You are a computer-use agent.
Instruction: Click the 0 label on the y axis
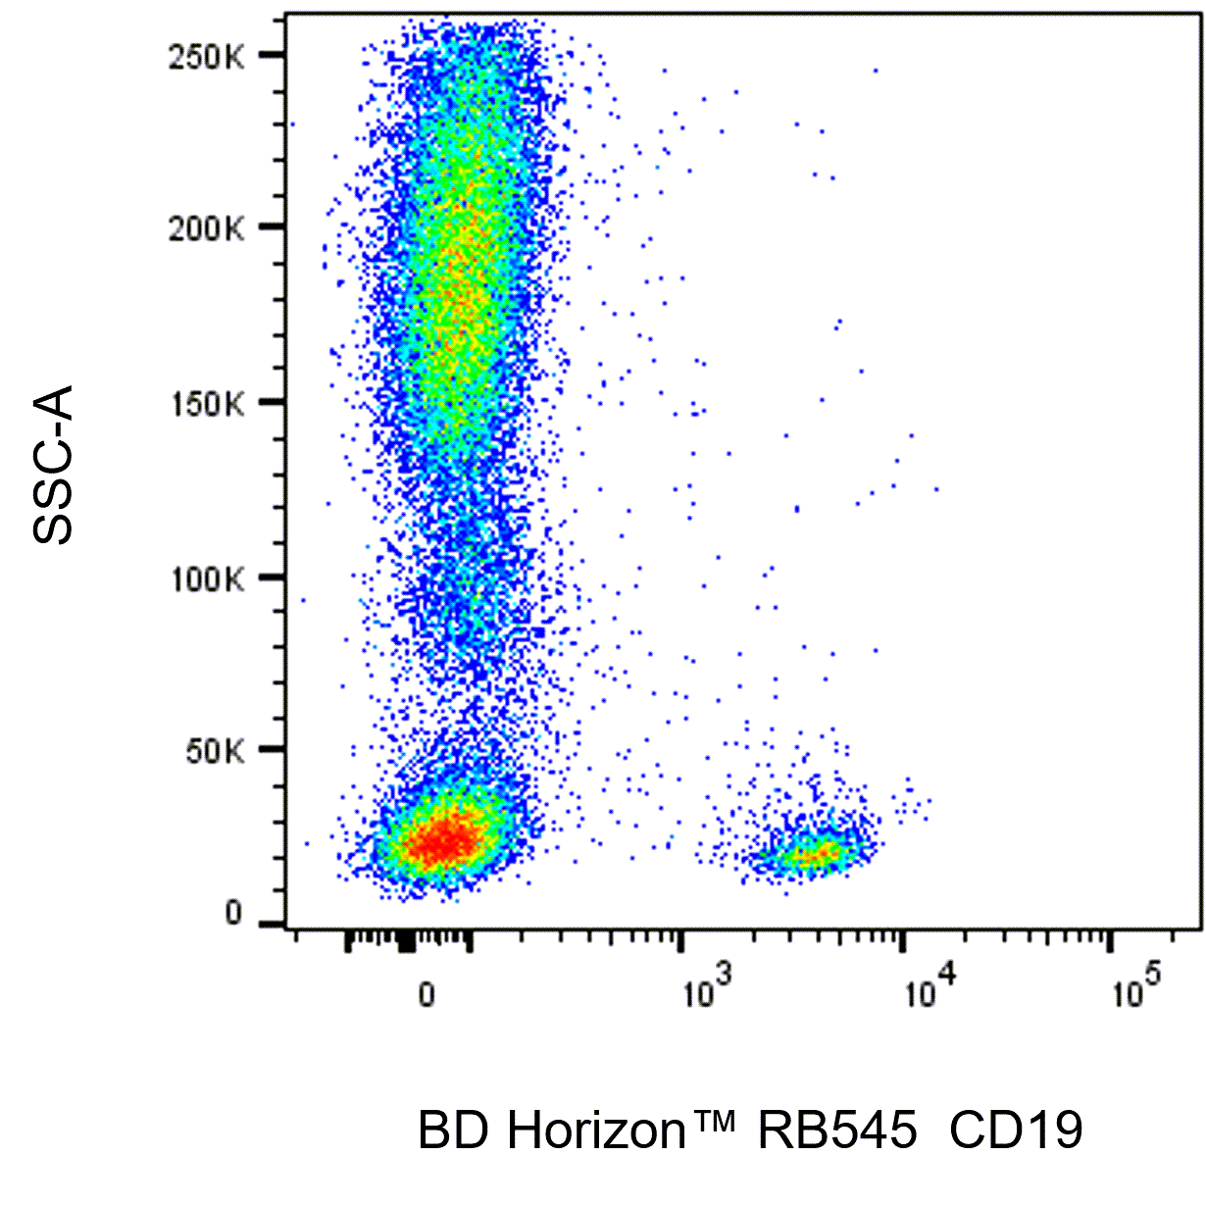click(233, 914)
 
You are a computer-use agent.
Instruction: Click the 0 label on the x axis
click(427, 995)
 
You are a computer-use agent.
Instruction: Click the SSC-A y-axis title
click(54, 466)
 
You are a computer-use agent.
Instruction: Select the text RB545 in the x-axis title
click(836, 1131)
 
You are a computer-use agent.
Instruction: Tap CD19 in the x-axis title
click(1016, 1131)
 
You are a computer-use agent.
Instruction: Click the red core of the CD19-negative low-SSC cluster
click(443, 840)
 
